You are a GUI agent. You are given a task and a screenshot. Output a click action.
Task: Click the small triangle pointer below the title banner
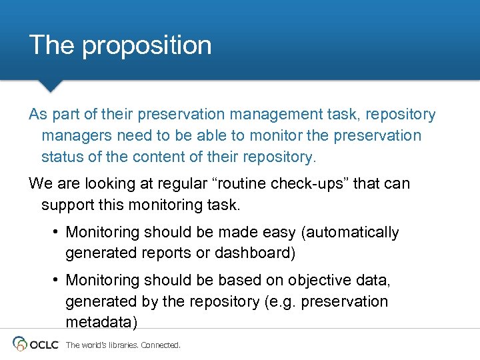[x=50, y=86]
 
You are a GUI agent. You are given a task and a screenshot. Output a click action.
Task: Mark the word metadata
[x=100, y=323]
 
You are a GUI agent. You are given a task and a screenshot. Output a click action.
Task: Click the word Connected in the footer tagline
[x=160, y=345]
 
